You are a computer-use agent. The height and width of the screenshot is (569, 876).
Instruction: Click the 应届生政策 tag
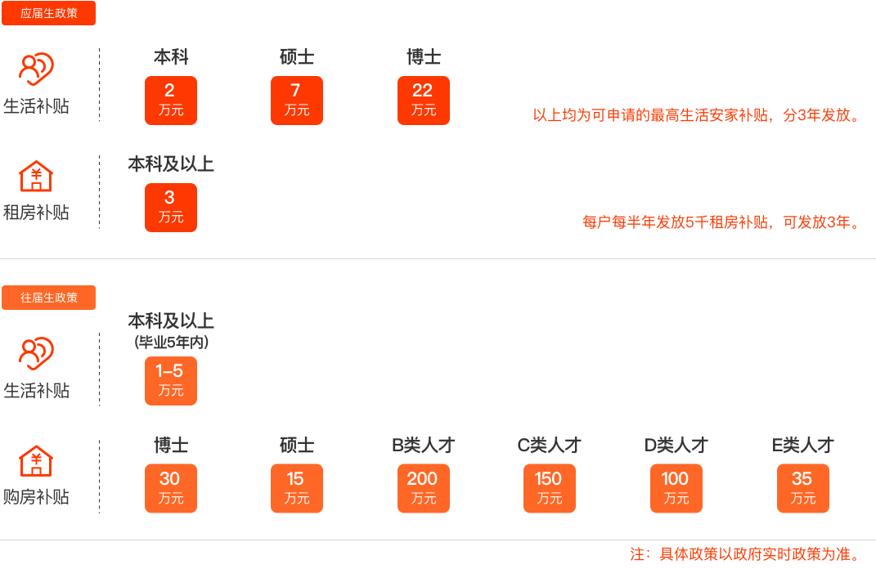pos(48,13)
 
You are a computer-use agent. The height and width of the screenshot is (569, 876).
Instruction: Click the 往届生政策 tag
pos(48,298)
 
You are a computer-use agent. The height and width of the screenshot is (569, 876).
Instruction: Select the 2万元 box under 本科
pos(171,101)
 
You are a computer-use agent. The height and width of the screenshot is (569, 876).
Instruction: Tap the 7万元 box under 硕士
pos(297,101)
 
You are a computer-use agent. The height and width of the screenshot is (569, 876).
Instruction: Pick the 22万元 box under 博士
pos(424,101)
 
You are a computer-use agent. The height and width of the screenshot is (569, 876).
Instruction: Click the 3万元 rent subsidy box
pos(171,208)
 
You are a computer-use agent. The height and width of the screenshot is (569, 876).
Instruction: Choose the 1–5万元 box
pos(171,381)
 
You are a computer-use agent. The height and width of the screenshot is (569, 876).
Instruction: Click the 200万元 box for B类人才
pos(424,489)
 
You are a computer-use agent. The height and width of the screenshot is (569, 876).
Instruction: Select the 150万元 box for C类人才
pos(550,489)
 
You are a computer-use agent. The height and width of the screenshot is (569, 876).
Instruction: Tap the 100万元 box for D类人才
pos(676,489)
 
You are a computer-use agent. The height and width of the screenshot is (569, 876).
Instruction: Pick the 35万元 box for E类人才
pos(802,489)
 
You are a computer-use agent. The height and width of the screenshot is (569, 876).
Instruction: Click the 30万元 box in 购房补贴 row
pos(171,489)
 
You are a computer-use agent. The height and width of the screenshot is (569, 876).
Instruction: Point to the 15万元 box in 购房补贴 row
pos(297,489)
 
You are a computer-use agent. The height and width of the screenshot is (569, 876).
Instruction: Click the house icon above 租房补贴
pos(36,176)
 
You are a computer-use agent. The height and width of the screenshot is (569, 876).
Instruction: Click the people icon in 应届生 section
pos(36,70)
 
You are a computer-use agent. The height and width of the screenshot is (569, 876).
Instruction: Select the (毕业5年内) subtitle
pos(171,343)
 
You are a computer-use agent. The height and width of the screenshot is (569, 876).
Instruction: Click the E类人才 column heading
pos(802,446)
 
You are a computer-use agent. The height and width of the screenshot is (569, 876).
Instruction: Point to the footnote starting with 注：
pos(744,554)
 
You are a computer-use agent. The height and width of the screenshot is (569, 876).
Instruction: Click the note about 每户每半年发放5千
pos(721,222)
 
